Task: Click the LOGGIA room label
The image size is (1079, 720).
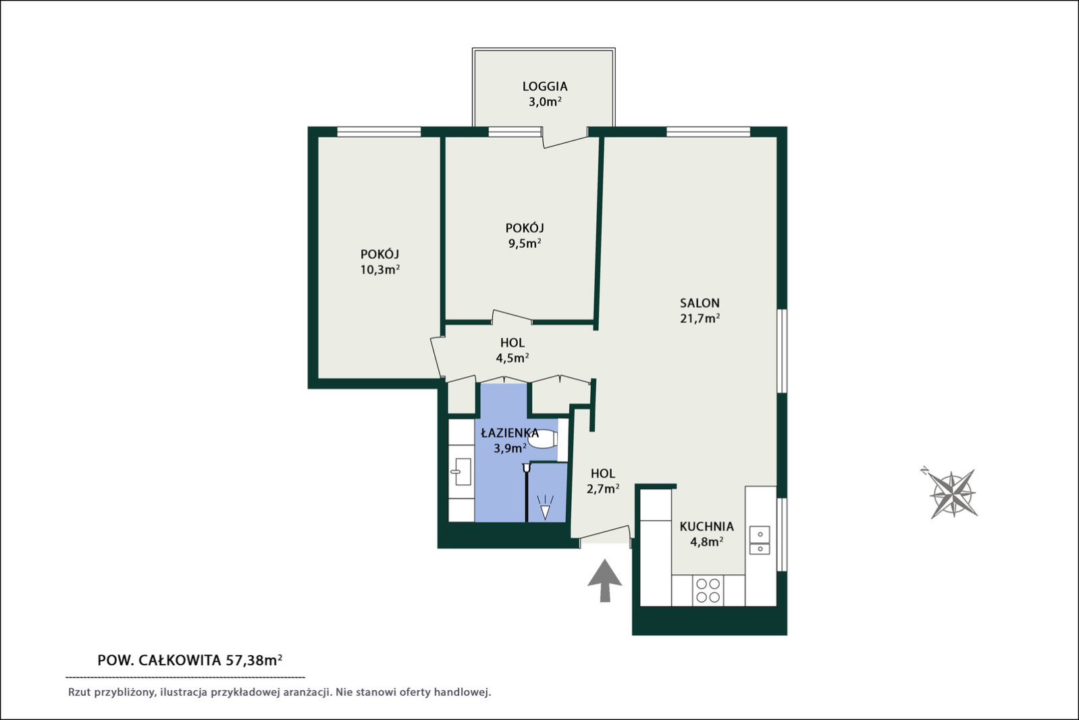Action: tap(545, 86)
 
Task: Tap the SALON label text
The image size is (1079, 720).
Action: tap(700, 303)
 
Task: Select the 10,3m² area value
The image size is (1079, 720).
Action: tap(380, 269)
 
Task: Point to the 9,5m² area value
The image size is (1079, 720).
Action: tap(525, 243)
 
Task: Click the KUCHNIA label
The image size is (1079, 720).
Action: tap(707, 526)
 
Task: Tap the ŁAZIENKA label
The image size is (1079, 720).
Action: tap(510, 433)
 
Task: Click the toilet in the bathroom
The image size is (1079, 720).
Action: tap(543, 439)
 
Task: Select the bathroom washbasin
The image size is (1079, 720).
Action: tap(461, 471)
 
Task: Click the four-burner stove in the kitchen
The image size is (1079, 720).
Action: tap(708, 590)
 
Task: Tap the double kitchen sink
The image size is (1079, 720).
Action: tap(760, 540)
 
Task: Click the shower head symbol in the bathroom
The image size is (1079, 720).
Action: tap(545, 508)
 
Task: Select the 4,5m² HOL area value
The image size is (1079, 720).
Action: tap(512, 358)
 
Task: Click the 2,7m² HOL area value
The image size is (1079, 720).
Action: tap(602, 489)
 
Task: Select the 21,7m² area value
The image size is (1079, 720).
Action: tap(700, 319)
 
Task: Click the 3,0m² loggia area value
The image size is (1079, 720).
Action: tap(545, 102)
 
